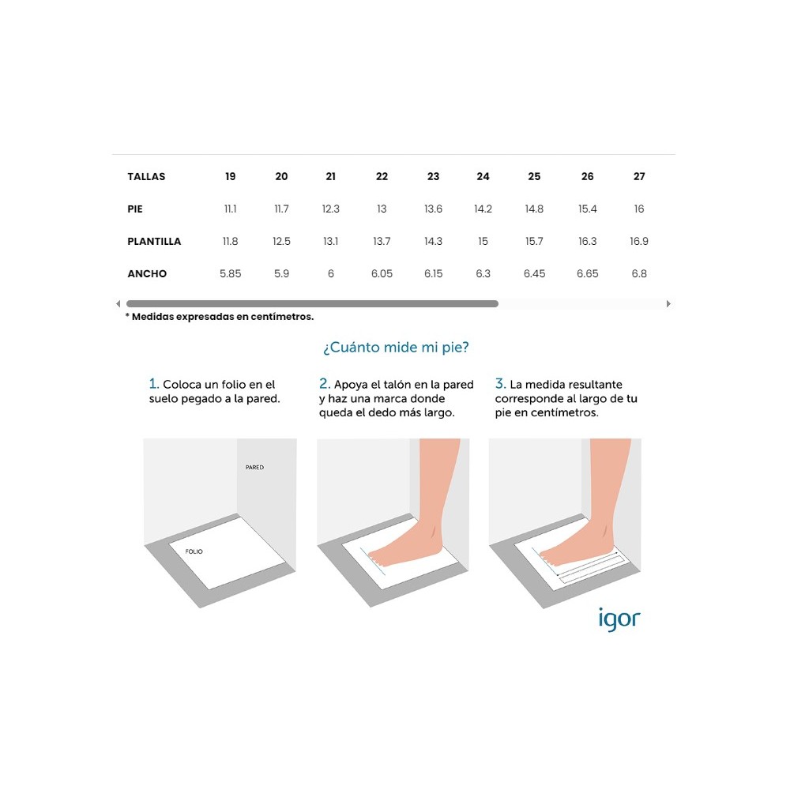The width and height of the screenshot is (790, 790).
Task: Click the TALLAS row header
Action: pyautogui.click(x=146, y=176)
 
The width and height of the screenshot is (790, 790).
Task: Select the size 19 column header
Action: pyautogui.click(x=230, y=176)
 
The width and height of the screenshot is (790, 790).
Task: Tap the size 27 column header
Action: pyautogui.click(x=639, y=176)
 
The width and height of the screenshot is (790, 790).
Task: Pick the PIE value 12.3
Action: pyautogui.click(x=330, y=209)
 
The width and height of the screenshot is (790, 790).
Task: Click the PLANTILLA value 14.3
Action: pyautogui.click(x=433, y=241)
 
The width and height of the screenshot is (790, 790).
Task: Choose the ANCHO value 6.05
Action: pyautogui.click(x=382, y=273)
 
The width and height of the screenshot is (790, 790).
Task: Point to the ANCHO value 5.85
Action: pyautogui.click(x=230, y=273)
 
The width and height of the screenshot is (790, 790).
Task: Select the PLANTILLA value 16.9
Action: pyautogui.click(x=639, y=241)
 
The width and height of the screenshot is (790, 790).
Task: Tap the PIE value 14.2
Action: pyautogui.click(x=483, y=209)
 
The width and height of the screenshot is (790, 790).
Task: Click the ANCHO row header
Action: pyautogui.click(x=147, y=273)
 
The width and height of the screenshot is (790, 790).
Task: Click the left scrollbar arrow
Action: pyautogui.click(x=118, y=303)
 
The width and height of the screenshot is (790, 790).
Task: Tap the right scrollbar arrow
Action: pyautogui.click(x=668, y=303)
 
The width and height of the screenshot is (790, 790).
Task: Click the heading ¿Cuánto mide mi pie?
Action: pyautogui.click(x=395, y=347)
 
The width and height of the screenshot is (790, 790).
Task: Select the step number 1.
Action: pyautogui.click(x=153, y=384)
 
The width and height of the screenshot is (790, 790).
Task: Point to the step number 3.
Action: pyautogui.click(x=499, y=384)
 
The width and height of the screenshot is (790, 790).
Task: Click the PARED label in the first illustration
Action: pyautogui.click(x=254, y=468)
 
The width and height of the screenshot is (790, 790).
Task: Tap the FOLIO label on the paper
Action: pyautogui.click(x=194, y=551)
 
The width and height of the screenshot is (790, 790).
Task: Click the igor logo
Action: pyautogui.click(x=619, y=619)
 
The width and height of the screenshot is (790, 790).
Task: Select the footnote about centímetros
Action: pyautogui.click(x=220, y=317)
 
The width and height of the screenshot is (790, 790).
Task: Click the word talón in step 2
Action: pyautogui.click(x=398, y=385)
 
